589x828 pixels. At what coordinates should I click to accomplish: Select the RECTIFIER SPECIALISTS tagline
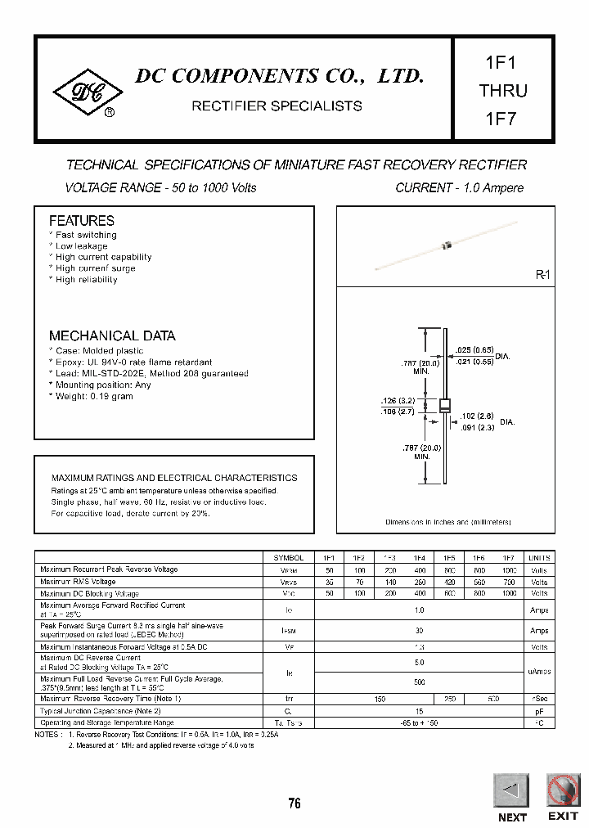pyautogui.click(x=277, y=106)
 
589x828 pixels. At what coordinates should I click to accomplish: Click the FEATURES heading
pyautogui.click(x=82, y=221)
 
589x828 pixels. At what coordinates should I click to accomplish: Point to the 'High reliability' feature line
pyautogui.click(x=86, y=280)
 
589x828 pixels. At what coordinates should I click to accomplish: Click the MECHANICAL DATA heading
pyautogui.click(x=112, y=335)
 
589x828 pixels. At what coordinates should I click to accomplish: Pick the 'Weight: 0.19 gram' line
pyautogui.click(x=93, y=397)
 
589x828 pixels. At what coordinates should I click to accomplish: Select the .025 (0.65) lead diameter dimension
pyautogui.click(x=474, y=349)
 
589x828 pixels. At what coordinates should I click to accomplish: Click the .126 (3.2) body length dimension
pyautogui.click(x=398, y=401)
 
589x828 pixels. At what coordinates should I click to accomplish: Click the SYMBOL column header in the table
pyautogui.click(x=288, y=557)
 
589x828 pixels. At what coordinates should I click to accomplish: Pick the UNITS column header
pyautogui.click(x=540, y=557)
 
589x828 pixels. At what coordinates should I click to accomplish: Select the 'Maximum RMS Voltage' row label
pyautogui.click(x=78, y=582)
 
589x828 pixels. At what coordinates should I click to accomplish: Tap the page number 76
pyautogui.click(x=294, y=803)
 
